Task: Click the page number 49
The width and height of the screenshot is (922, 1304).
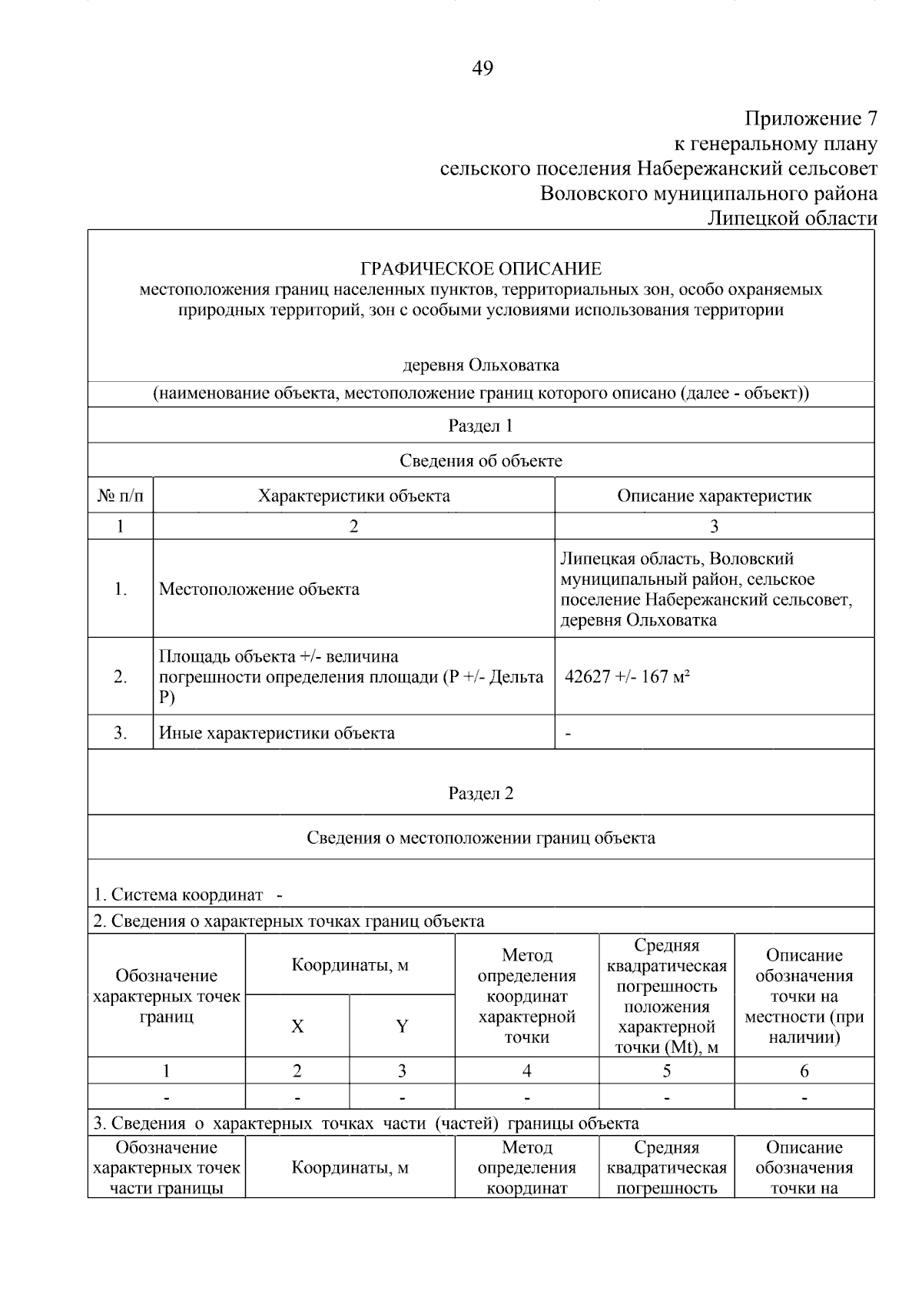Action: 482,68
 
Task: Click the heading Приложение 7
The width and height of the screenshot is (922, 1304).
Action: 810,118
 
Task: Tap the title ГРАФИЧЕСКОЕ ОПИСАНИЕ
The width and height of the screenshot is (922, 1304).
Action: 481,269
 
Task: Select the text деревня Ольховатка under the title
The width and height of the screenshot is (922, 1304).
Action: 481,365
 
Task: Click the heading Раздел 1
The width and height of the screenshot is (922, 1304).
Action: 481,426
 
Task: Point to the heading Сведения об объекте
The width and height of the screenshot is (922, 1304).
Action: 481,460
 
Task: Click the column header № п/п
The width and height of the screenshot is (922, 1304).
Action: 121,496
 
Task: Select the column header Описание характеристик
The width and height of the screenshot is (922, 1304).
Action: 714,496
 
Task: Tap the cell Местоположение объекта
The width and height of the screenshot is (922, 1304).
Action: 259,589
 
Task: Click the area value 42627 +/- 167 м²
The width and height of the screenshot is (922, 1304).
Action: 627,677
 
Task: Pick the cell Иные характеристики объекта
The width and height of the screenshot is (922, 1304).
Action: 277,733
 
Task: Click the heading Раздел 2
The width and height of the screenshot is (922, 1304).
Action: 481,794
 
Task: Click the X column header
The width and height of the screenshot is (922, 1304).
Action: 297,1027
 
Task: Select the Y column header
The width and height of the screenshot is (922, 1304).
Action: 402,1027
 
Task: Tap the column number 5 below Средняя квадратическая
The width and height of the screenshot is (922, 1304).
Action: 666,1071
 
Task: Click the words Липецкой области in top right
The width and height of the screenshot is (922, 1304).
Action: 791,218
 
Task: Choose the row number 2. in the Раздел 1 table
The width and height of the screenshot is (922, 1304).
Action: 121,677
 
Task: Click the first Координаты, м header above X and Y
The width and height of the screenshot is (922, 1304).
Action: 350,965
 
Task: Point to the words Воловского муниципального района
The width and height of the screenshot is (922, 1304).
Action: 708,193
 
